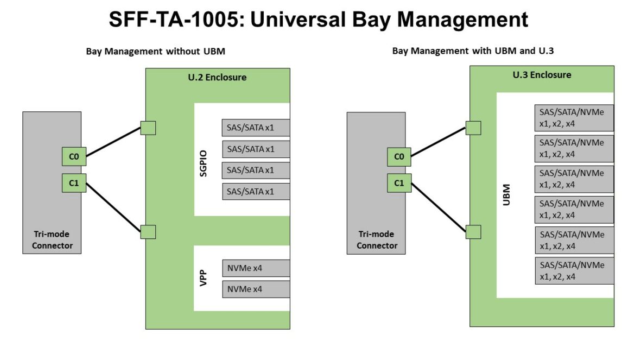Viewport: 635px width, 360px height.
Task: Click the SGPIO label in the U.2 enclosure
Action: pyautogui.click(x=204, y=163)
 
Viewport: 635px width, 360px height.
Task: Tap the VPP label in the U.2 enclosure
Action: pyautogui.click(x=204, y=278)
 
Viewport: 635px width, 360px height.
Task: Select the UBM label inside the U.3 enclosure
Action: pyautogui.click(x=506, y=195)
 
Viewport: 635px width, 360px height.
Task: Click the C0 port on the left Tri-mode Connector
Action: pyautogui.click(x=74, y=157)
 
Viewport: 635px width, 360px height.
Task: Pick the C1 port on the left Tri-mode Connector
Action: pyautogui.click(x=74, y=183)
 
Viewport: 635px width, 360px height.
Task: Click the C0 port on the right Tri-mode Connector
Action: pyautogui.click(x=399, y=157)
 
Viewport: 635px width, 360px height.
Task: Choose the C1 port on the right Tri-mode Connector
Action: pyautogui.click(x=399, y=183)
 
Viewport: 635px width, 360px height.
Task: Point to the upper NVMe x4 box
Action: pyautogui.click(x=256, y=268)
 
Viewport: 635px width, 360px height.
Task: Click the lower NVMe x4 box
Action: pyautogui.click(x=256, y=289)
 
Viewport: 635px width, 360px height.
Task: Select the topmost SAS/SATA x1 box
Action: pyautogui.click(x=256, y=128)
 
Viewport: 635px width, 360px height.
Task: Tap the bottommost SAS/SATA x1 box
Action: pyautogui.click(x=256, y=192)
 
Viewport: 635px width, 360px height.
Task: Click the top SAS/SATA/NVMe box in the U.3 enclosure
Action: pyautogui.click(x=574, y=118)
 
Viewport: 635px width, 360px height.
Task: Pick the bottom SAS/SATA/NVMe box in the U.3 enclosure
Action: pyautogui.click(x=574, y=270)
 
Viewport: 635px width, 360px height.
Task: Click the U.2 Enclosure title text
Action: pyautogui.click(x=217, y=77)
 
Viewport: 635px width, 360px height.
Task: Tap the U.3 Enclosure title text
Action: pyautogui.click(x=542, y=75)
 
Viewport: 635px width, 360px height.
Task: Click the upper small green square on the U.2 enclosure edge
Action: pyautogui.click(x=148, y=128)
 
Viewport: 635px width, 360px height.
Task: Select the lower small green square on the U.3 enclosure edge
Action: pyautogui.click(x=473, y=232)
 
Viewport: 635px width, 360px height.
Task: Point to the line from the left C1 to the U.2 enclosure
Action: pyautogui.click(x=113, y=208)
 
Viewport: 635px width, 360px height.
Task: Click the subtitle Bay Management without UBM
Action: pyautogui.click(x=156, y=52)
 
